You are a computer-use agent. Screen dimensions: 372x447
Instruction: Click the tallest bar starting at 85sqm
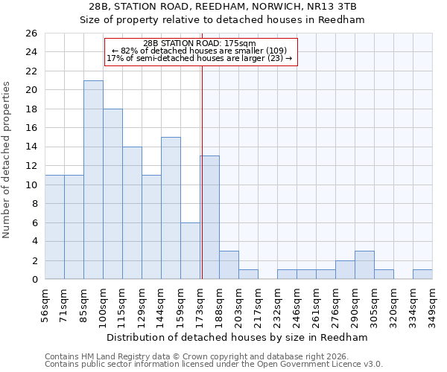93,180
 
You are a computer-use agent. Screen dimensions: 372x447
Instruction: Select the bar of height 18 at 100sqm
112,194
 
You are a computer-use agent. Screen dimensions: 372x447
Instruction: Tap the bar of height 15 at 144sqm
171,208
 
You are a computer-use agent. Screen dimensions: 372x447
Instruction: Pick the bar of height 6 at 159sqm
190,251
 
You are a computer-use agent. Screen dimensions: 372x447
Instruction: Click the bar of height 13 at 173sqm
209,218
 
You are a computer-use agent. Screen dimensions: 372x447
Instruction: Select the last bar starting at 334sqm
422,275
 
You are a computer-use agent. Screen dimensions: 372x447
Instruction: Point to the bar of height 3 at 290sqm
364,266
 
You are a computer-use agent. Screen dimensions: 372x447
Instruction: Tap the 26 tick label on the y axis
31,33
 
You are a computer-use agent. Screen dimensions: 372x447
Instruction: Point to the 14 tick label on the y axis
31,147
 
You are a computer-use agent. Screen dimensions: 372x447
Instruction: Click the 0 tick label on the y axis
34,280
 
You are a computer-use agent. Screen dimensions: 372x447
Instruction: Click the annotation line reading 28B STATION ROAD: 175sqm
199,43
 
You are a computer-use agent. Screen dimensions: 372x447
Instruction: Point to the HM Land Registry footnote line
201,356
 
